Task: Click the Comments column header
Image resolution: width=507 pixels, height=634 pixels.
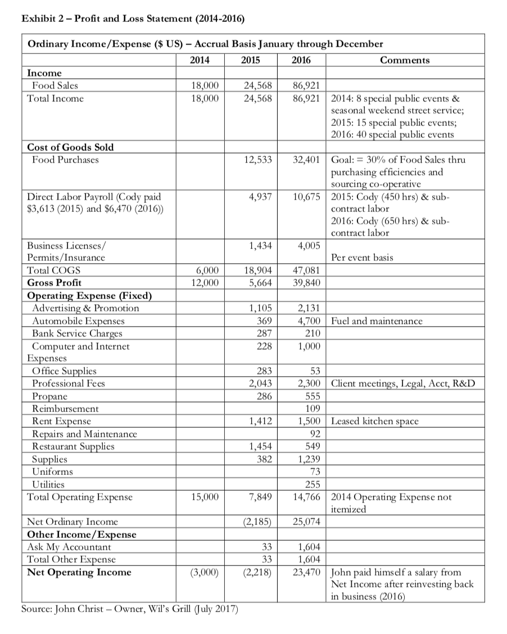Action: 404,60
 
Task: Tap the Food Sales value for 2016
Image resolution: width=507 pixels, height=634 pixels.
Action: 307,85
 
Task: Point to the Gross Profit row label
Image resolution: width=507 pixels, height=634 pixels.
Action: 54,282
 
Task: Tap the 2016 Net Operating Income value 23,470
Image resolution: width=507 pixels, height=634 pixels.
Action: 306,572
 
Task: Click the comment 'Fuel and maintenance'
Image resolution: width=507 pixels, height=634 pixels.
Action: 377,321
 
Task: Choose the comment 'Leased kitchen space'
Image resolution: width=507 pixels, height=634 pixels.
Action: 375,421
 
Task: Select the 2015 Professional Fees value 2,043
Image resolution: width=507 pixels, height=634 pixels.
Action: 260,383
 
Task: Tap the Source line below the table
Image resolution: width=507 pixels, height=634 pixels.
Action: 129,609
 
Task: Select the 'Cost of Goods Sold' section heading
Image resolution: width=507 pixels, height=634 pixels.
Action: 70,147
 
